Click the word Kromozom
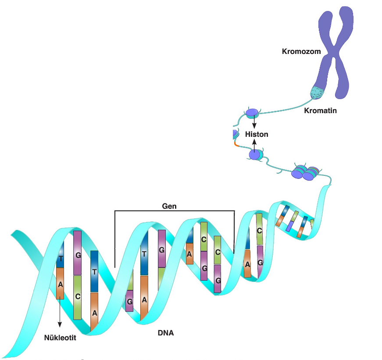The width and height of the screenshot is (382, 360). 301,51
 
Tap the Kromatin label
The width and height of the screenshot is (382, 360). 320,110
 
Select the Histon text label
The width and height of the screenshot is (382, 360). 257,134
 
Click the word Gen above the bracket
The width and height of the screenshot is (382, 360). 169,206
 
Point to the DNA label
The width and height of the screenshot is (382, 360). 166,333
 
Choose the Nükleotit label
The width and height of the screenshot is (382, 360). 60,338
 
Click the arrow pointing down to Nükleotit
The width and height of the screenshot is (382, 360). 60,313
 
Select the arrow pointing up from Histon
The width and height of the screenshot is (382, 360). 254,146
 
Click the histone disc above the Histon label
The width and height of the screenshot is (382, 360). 252,113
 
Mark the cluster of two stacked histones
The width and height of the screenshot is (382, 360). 305,173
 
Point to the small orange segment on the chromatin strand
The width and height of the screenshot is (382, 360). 236,144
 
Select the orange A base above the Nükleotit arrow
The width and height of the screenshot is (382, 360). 60,284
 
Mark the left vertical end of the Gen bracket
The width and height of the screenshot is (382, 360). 115,239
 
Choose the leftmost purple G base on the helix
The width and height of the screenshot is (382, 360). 78,253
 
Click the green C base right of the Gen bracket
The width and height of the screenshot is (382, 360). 260,229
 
